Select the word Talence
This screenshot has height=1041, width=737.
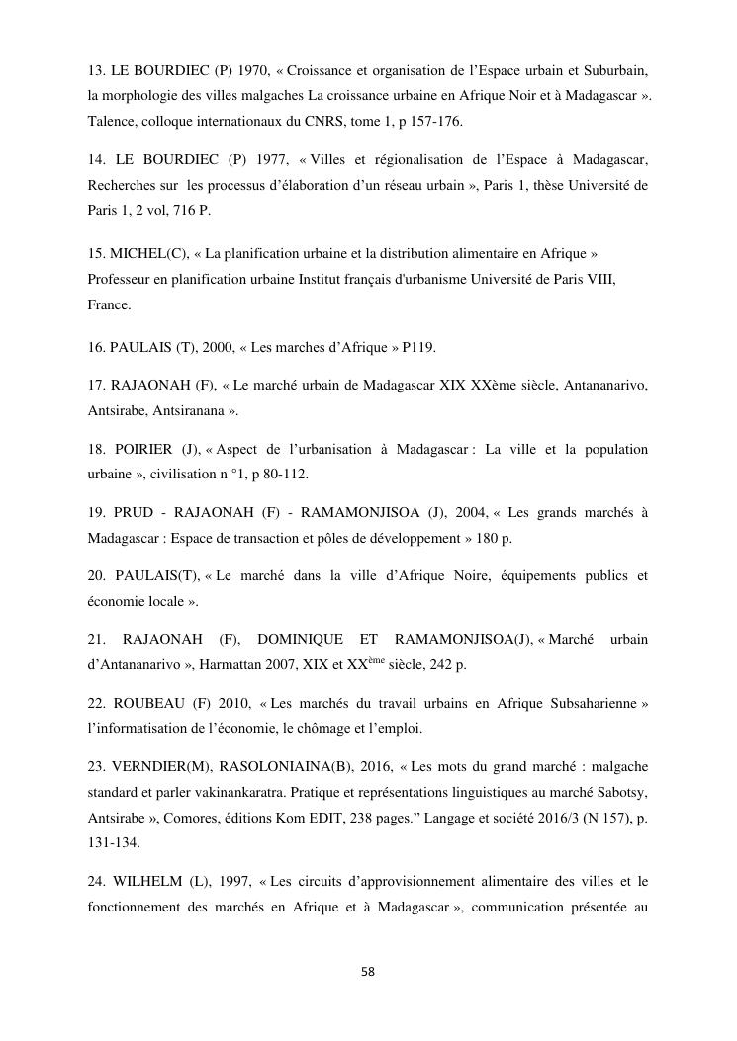click(112, 123)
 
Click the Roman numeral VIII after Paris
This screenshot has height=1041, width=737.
click(598, 280)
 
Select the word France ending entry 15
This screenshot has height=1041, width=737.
click(108, 305)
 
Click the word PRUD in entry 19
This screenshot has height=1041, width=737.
click(134, 512)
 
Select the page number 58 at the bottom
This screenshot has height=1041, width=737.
click(368, 972)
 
